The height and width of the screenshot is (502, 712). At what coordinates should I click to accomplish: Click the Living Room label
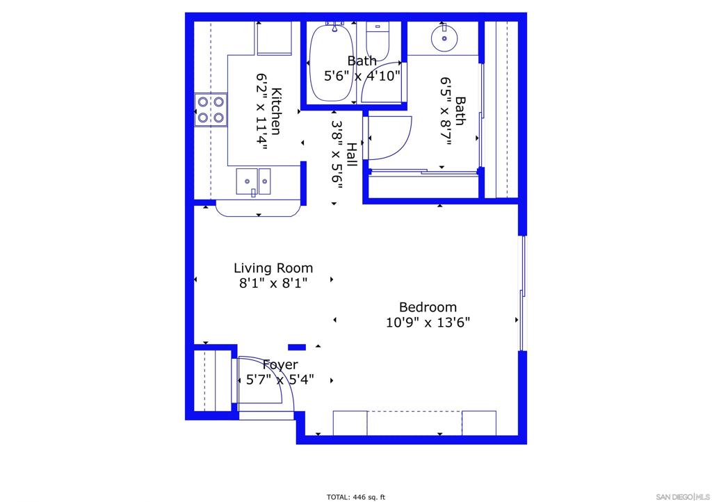click(x=273, y=268)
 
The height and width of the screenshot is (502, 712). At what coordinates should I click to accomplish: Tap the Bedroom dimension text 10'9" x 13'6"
click(x=428, y=323)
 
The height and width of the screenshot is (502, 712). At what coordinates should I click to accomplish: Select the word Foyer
click(x=280, y=364)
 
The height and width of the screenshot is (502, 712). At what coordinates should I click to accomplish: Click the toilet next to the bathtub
click(x=378, y=40)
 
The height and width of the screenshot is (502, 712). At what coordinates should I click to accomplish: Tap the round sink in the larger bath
click(x=444, y=38)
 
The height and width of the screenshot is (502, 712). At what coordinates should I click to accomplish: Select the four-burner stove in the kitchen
click(x=211, y=109)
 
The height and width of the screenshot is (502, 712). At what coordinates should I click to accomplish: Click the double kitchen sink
click(x=253, y=181)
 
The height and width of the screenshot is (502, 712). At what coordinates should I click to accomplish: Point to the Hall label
click(x=351, y=154)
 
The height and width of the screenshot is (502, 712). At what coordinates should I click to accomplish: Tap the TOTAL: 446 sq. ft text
click(x=355, y=497)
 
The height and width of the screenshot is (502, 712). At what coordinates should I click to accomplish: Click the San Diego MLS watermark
click(x=683, y=497)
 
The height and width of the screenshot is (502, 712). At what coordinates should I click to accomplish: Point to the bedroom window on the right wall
click(x=523, y=293)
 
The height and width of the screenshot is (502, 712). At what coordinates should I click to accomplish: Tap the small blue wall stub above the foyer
click(x=297, y=347)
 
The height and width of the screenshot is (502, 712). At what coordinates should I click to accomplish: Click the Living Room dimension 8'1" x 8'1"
click(x=273, y=283)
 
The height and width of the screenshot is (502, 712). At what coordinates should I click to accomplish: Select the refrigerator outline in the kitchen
click(x=274, y=38)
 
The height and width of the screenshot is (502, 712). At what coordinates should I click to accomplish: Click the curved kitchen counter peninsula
click(x=259, y=209)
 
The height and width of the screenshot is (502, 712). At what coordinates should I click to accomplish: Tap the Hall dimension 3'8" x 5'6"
click(x=337, y=154)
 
